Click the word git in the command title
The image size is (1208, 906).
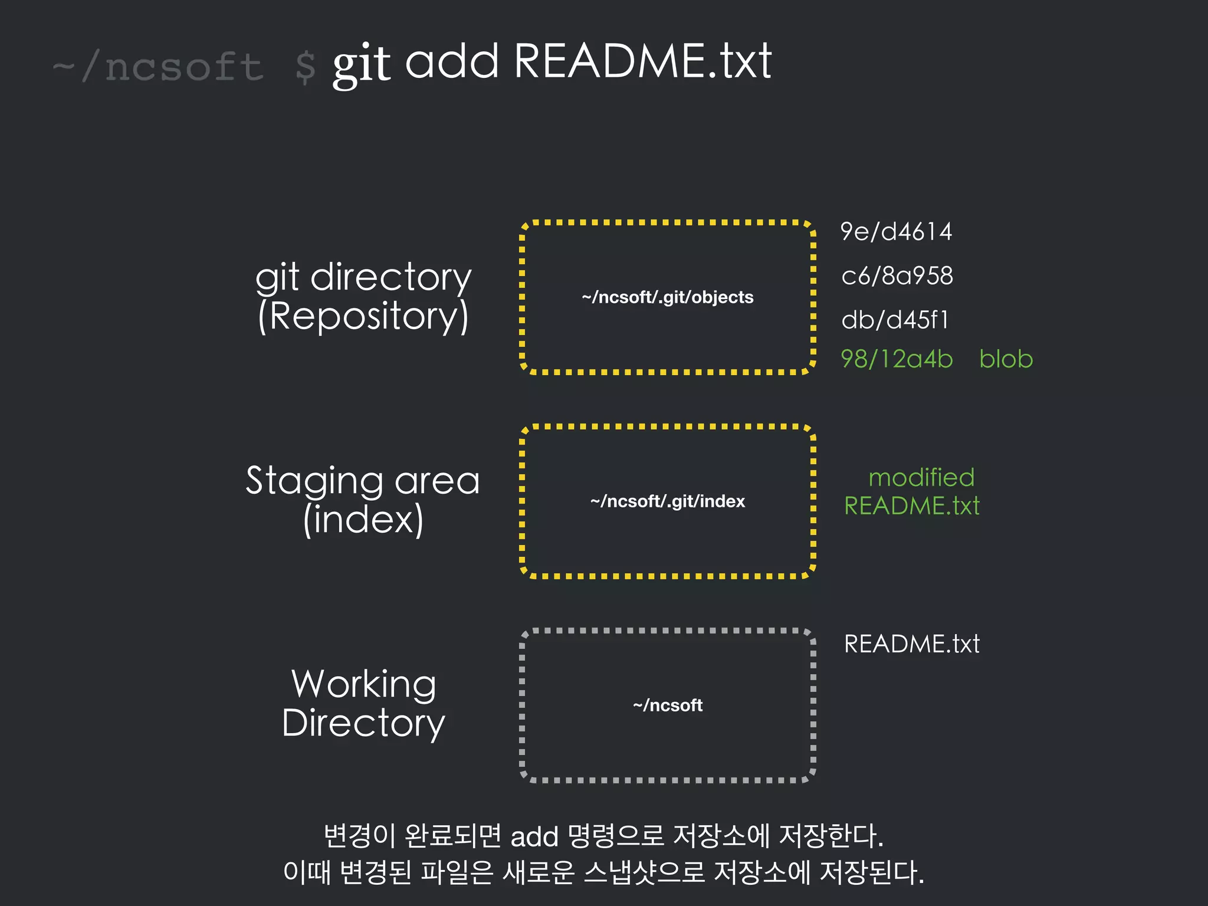pyautogui.click(x=361, y=64)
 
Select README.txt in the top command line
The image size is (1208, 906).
pyautogui.click(x=642, y=61)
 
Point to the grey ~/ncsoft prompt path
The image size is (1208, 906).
pyautogui.click(x=158, y=66)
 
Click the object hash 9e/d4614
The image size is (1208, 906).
pyautogui.click(x=896, y=232)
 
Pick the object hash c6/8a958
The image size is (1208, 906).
pyautogui.click(x=897, y=276)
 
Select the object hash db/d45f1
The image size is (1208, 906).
pyautogui.click(x=895, y=320)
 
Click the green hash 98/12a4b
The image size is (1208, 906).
pyautogui.click(x=897, y=359)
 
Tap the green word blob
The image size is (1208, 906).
pyautogui.click(x=1006, y=359)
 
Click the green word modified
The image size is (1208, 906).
pyautogui.click(x=921, y=477)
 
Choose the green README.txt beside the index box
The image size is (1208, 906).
pyautogui.click(x=912, y=506)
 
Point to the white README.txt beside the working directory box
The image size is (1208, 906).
pyautogui.click(x=912, y=644)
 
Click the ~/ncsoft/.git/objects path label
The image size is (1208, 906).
pyautogui.click(x=668, y=297)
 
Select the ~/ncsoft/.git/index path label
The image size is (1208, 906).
pyautogui.click(x=668, y=501)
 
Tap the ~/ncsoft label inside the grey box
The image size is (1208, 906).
pyautogui.click(x=668, y=705)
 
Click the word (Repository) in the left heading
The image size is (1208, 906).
pyautogui.click(x=363, y=317)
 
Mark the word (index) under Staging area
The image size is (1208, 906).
pyautogui.click(x=363, y=520)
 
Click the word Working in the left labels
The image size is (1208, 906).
pyautogui.click(x=363, y=684)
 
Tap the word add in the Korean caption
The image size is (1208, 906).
pyautogui.click(x=534, y=837)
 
